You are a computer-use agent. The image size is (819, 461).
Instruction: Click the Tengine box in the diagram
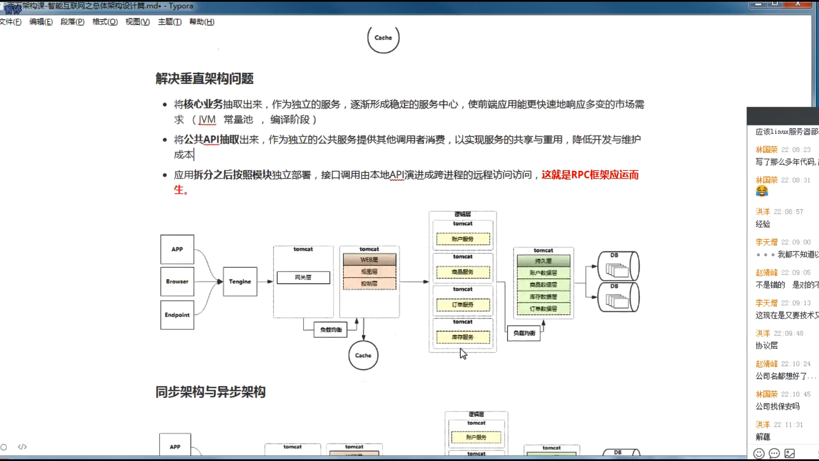[240, 282]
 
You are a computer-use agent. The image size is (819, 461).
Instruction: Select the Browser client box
[177, 282]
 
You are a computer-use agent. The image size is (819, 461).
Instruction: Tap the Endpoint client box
[177, 315]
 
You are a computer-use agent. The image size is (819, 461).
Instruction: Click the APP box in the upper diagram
[177, 249]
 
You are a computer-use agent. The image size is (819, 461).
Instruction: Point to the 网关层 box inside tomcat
[303, 277]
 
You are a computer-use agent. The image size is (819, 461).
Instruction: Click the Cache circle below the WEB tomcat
[363, 355]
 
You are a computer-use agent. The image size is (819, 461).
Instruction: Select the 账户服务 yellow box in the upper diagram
[463, 239]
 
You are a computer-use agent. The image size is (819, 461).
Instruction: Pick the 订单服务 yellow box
[463, 305]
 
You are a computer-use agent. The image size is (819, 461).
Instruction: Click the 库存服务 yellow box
[463, 337]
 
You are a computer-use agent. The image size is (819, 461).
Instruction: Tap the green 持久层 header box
[543, 261]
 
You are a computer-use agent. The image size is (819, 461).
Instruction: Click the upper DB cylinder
[618, 266]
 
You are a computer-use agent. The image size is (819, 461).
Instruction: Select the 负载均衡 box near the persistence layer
[524, 333]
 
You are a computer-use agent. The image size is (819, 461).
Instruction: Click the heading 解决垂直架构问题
[204, 79]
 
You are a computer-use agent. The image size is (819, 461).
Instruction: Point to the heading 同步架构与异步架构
[210, 392]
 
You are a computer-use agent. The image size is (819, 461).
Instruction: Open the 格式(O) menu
[105, 22]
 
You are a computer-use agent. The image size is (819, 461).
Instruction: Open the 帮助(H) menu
[202, 22]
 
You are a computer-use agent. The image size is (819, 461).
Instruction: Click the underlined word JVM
[207, 120]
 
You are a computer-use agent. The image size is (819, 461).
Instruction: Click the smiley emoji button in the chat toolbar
[758, 453]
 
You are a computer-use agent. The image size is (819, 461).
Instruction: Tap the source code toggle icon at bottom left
[22, 447]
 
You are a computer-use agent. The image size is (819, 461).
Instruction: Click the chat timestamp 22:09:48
[788, 333]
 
